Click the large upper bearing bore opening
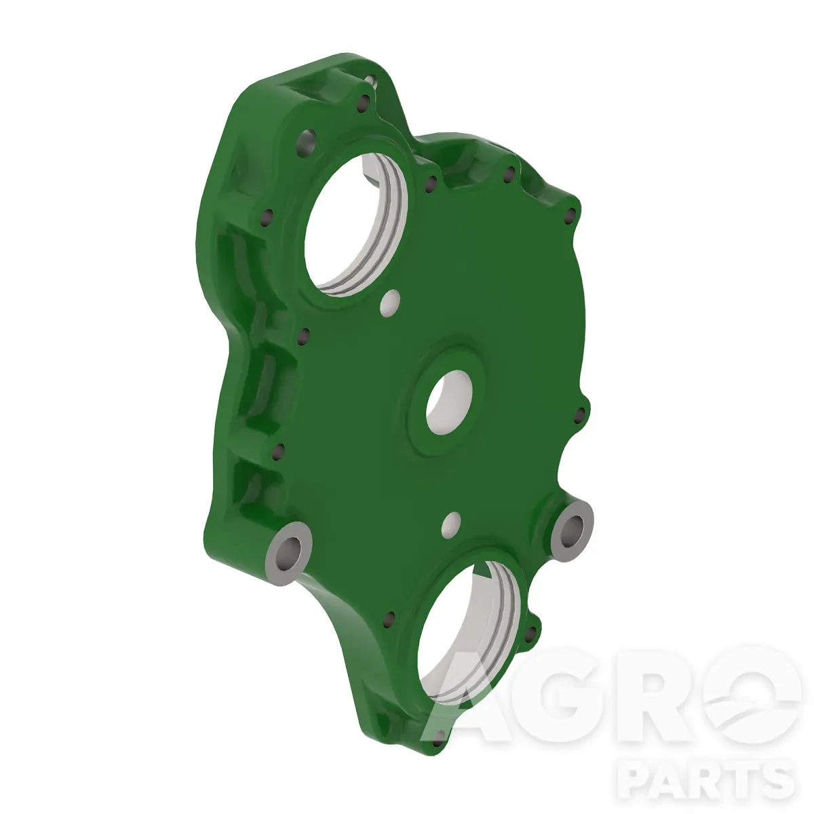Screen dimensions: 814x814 (x=355, y=224)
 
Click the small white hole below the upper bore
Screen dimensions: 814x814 (x=390, y=303)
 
